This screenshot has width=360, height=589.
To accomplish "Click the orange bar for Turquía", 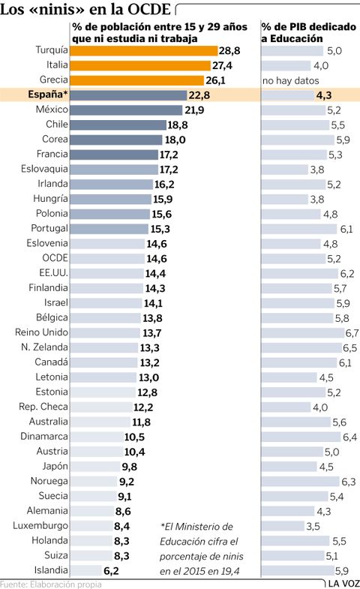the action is click(x=144, y=51).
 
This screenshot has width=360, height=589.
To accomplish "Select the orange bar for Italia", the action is click(x=140, y=66).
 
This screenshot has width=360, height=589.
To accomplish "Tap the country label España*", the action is click(x=48, y=95).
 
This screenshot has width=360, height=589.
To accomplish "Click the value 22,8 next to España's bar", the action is click(x=199, y=95).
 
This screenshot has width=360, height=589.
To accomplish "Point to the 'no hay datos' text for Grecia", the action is click(x=290, y=80).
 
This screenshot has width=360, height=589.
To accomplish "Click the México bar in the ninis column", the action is click(x=126, y=110).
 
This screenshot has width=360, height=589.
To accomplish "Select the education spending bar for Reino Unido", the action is click(x=303, y=333).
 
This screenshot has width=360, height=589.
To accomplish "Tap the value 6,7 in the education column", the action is click(x=352, y=333).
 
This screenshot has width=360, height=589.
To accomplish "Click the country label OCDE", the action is click(x=55, y=258).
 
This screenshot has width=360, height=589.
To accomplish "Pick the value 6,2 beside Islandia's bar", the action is click(x=111, y=571).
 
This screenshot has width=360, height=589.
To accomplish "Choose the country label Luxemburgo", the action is click(x=40, y=526).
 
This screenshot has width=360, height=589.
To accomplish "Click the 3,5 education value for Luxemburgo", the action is click(x=313, y=526).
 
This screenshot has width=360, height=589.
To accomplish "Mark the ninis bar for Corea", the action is click(x=116, y=140).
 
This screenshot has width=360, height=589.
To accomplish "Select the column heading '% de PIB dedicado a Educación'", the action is click(x=308, y=32).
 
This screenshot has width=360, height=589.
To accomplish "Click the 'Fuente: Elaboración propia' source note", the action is click(x=51, y=584).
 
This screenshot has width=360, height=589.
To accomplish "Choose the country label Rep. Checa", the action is click(x=43, y=407).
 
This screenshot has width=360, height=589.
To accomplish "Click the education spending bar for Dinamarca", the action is click(x=301, y=437).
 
